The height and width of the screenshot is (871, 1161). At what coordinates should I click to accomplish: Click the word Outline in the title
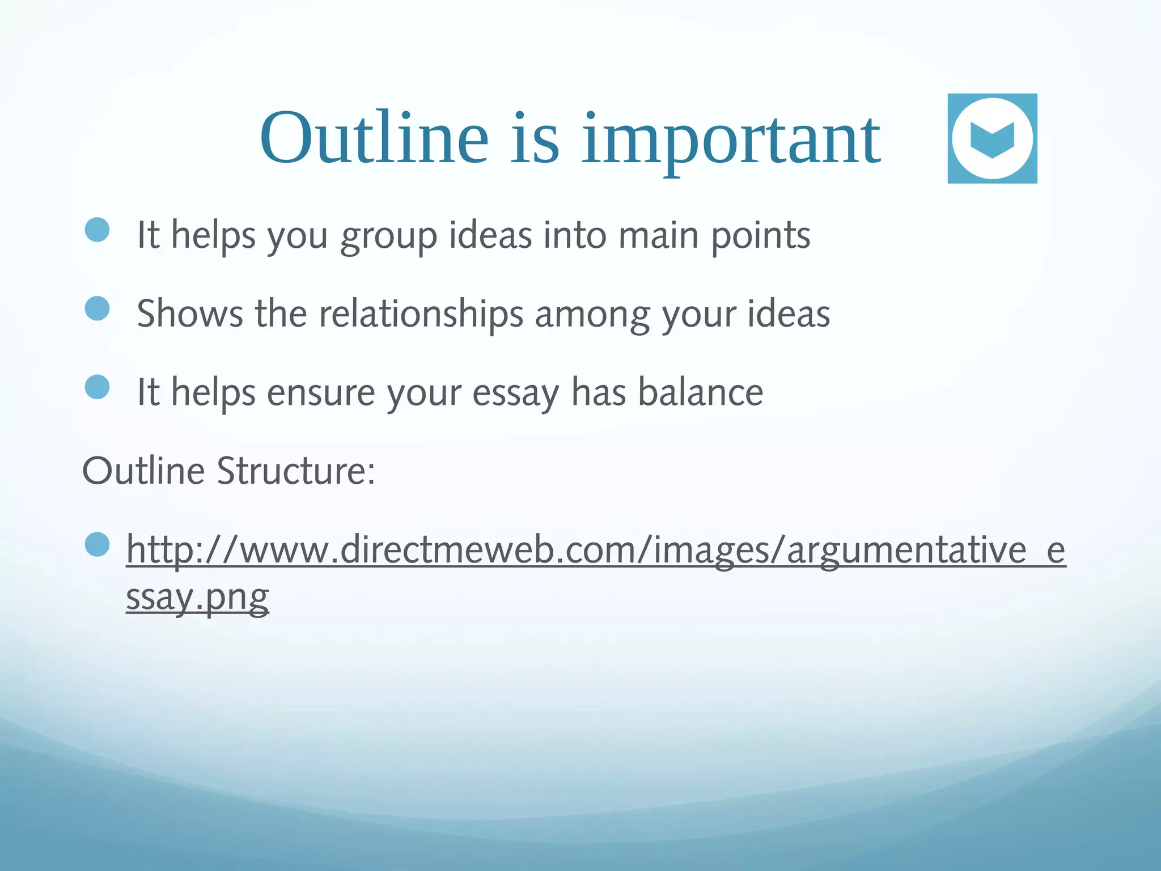[x=374, y=139]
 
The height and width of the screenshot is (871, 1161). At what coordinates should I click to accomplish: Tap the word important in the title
[x=731, y=142]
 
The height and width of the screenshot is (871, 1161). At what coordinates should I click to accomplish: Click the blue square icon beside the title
[x=992, y=138]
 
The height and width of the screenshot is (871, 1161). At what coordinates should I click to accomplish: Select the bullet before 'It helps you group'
[x=97, y=230]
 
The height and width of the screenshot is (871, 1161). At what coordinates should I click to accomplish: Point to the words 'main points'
[x=714, y=235]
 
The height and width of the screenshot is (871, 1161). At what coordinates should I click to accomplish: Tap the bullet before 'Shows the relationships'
[x=97, y=308]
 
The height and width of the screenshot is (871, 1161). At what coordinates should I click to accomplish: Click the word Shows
[x=190, y=314]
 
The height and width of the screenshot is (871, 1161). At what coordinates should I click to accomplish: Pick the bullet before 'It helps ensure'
[x=97, y=387]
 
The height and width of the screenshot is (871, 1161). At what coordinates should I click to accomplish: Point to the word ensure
[x=321, y=392]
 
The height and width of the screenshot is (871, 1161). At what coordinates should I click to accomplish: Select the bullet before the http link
[x=97, y=544]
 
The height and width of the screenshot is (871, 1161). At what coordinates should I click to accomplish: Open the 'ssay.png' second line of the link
[x=197, y=597]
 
